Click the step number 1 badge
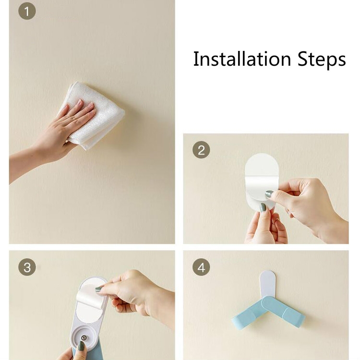tap(27, 11)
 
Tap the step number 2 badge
tap(201, 150)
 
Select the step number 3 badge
tap(27, 267)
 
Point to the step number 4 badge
tap(201, 267)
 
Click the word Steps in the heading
tap(322, 60)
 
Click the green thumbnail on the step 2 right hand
tap(269, 194)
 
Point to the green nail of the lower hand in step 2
tap(263, 207)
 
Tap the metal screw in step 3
tap(84, 337)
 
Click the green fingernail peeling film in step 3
tap(99, 289)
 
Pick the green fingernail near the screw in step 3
tap(81, 346)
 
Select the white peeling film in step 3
tap(91, 296)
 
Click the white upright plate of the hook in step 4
tap(267, 284)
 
